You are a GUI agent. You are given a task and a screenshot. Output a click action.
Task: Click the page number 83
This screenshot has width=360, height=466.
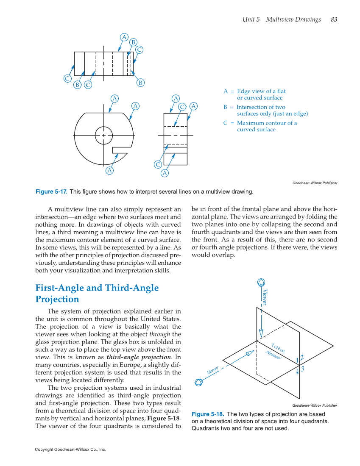tap(334, 19)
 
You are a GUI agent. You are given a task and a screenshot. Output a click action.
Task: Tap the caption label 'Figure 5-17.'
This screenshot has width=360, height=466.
tap(51, 192)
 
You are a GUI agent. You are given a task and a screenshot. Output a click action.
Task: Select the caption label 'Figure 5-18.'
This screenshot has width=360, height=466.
tap(208, 414)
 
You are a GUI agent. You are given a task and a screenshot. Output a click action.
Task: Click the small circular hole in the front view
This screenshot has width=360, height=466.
tap(104, 136)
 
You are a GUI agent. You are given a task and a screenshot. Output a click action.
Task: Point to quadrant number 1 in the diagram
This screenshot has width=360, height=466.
tap(297, 360)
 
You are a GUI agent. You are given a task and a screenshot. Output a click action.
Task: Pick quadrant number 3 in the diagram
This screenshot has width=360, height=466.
tap(303, 369)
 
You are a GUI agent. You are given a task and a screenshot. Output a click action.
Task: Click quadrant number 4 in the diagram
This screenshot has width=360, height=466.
tap(297, 371)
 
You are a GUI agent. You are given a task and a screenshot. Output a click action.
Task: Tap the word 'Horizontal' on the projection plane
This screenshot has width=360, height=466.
tap(273, 355)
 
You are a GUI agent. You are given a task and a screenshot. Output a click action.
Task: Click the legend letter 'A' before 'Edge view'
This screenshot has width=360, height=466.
tap(226, 91)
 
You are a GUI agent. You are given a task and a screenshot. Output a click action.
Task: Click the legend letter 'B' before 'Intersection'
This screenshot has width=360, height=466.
tap(226, 107)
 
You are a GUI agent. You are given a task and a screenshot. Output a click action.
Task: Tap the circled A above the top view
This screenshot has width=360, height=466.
tap(124, 37)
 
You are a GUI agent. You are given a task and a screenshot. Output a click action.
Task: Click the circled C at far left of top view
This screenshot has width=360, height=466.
tap(67, 78)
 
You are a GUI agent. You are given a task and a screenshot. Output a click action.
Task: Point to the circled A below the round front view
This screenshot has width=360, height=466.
tap(109, 171)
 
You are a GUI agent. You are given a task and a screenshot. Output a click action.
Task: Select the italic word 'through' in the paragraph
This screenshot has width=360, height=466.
tap(161, 334)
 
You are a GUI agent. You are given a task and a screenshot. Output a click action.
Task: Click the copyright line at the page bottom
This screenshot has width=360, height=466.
tap(70, 449)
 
